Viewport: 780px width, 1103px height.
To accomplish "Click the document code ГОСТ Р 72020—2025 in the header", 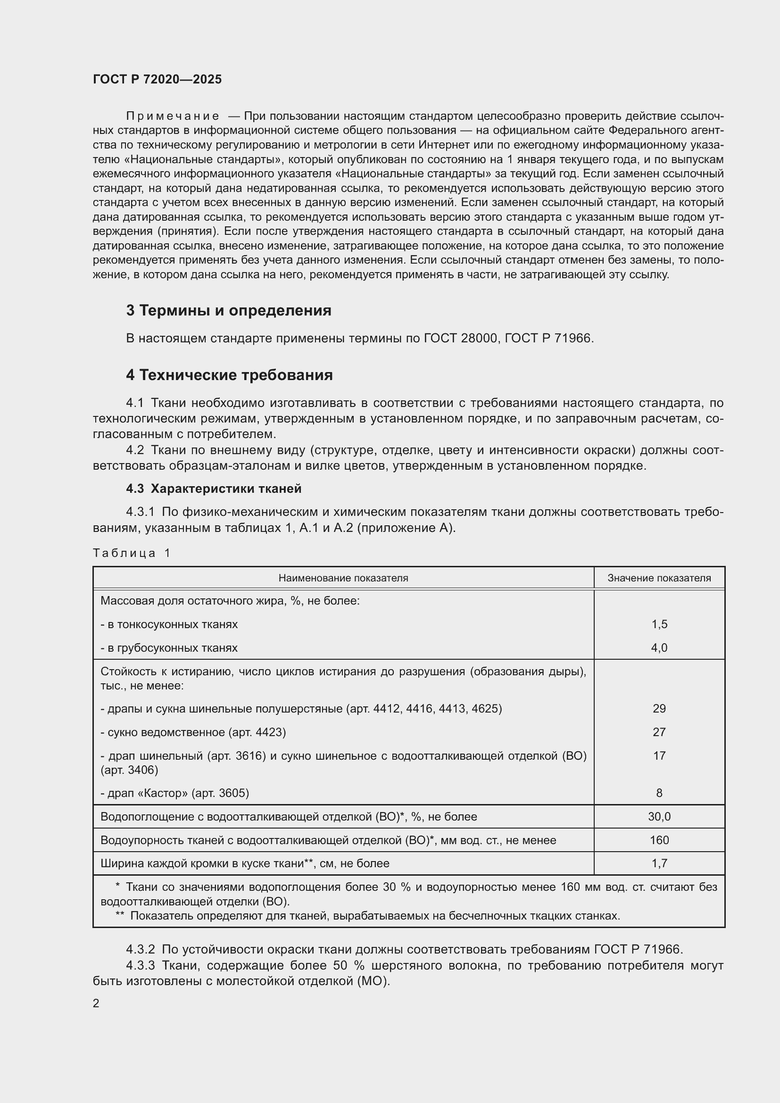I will (157, 79).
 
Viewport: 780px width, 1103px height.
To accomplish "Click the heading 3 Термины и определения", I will (229, 311).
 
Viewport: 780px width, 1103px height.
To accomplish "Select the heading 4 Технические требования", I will (229, 375).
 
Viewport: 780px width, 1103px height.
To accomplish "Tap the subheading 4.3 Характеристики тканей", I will (214, 489).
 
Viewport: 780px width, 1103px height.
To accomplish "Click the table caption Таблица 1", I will (132, 553).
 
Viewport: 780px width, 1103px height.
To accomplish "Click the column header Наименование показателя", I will (343, 578).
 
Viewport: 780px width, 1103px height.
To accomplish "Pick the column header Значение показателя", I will (659, 578).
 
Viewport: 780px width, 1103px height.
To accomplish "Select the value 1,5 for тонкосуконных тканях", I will (659, 624).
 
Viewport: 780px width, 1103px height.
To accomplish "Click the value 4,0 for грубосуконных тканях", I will (659, 648).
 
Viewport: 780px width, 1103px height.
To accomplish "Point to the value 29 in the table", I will (659, 709).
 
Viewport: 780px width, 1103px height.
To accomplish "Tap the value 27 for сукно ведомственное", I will (659, 732).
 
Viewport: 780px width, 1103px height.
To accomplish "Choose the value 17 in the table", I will (659, 755).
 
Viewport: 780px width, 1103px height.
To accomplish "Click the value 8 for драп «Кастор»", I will (659, 793).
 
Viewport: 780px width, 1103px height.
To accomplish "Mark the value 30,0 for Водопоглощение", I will (659, 817).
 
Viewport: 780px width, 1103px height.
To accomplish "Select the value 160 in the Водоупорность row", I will (659, 840).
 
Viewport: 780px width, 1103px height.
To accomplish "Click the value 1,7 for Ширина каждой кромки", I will (659, 863).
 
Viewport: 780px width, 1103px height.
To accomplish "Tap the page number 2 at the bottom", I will (96, 1003).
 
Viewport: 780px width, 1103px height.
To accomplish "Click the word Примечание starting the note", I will (173, 116).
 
